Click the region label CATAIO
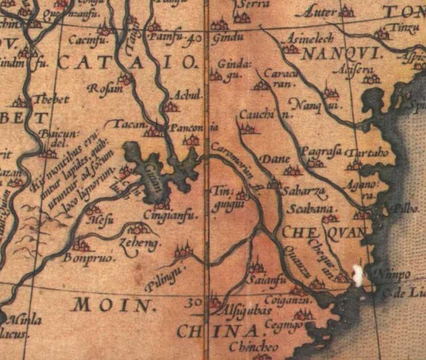(127, 62)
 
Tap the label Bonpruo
(89, 257)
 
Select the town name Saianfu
(265, 281)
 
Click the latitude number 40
(194, 39)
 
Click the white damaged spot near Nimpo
(358, 275)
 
